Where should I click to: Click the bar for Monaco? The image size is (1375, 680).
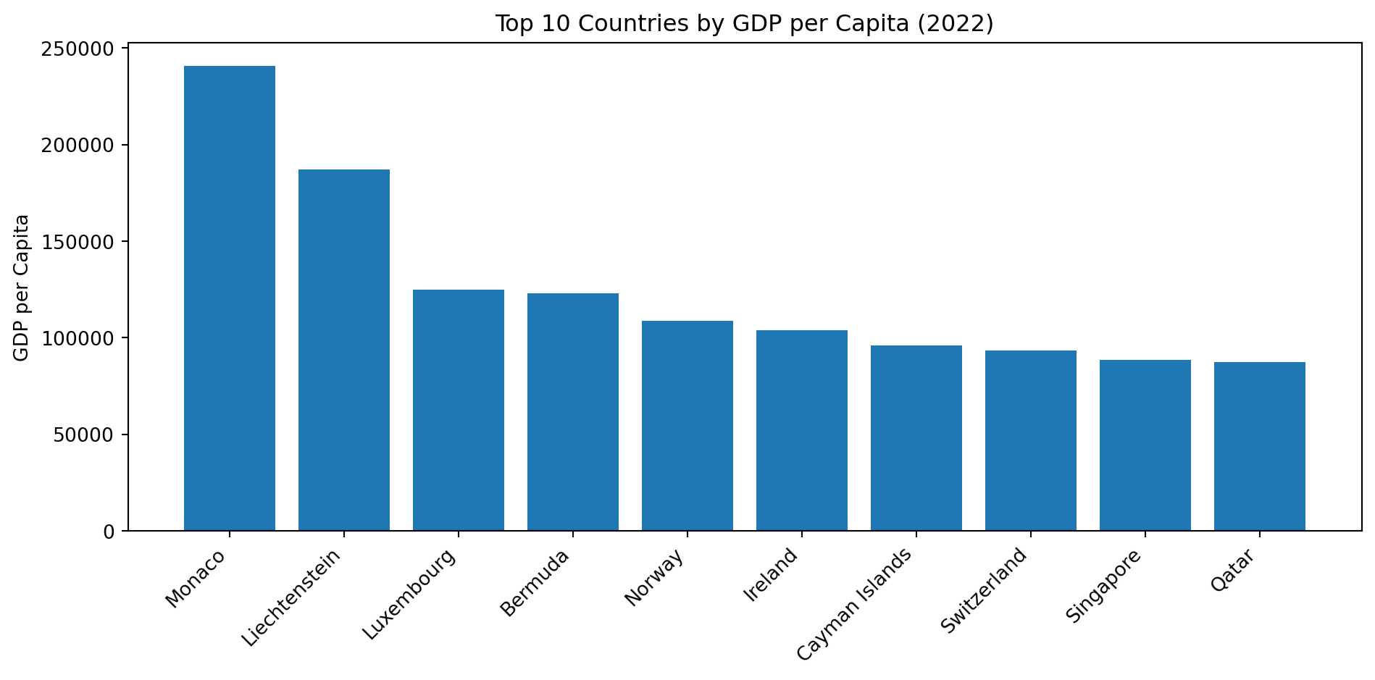point(230,298)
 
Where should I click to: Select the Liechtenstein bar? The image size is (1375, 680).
point(344,350)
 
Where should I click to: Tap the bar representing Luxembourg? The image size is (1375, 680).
point(459,410)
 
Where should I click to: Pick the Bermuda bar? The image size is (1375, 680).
point(573,412)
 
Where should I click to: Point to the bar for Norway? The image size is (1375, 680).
point(687,426)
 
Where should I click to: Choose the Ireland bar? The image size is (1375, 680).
point(802,430)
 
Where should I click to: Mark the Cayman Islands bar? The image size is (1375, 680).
point(916,438)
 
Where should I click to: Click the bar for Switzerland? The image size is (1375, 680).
point(1031,440)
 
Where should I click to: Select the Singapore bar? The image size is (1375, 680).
point(1145,445)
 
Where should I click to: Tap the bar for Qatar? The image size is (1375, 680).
point(1260,446)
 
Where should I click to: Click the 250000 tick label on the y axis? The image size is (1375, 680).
point(79,49)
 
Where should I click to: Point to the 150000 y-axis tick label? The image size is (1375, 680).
point(79,242)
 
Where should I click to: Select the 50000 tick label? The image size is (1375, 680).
point(83,435)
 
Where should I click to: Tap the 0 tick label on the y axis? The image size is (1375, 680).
point(109,532)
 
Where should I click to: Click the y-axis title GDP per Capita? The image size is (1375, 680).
point(22,287)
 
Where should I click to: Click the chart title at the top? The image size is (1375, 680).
point(744,24)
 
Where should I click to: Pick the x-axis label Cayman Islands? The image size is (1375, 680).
point(855,605)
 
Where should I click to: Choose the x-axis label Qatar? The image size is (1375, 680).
point(1232,571)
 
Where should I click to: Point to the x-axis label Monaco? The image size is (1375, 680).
point(196,579)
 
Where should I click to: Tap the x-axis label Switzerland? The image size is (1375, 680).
point(984,591)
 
